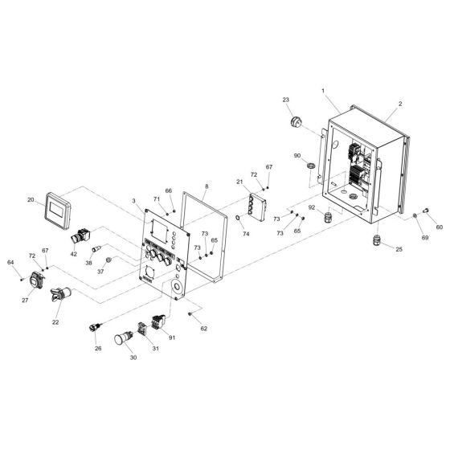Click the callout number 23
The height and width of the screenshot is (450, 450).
(x=285, y=100)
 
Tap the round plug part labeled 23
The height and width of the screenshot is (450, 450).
(x=293, y=123)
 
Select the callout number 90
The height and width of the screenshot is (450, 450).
(x=297, y=156)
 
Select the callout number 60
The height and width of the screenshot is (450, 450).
(x=439, y=227)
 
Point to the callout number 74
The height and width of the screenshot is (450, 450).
(x=246, y=233)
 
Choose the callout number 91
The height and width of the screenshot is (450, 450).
(x=172, y=337)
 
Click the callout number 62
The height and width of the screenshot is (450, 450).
(x=204, y=328)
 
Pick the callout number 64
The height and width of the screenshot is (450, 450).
(x=10, y=263)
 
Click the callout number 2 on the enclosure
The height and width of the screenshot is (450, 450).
(x=399, y=104)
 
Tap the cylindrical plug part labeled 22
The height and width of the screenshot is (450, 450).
(x=59, y=297)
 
